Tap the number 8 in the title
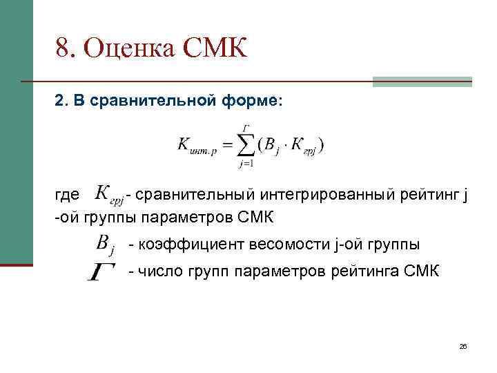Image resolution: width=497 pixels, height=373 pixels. tap(63, 48)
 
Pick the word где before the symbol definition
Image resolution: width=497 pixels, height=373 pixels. tap(68, 195)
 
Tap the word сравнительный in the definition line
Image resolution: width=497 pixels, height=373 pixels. tap(185, 195)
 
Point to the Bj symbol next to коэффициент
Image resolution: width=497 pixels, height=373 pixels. tap(106, 244)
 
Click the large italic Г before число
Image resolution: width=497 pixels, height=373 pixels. tap(101, 271)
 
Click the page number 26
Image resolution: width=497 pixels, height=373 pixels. tap(463, 346)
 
